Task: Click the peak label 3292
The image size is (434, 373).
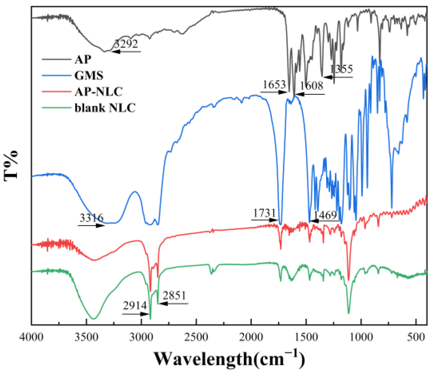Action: coord(127,44)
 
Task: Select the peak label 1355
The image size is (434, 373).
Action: coord(341,69)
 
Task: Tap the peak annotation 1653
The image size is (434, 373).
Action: coord(274,85)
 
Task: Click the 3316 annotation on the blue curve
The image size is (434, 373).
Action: coord(91,218)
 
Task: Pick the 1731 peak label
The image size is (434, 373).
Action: coord(264,213)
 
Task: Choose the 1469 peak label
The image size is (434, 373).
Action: coord(325,215)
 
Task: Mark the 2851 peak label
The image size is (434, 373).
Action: coord(174,296)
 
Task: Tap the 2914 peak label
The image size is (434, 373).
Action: coord(135,306)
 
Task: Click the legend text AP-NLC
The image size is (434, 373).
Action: coord(98,92)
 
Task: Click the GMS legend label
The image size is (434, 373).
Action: coord(89,76)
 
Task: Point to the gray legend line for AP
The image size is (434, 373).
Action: coord(57,59)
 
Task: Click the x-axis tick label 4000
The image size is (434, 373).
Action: coord(31,337)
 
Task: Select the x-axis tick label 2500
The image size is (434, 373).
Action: coord(196,337)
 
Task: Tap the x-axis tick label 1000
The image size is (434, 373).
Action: coord(361,337)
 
